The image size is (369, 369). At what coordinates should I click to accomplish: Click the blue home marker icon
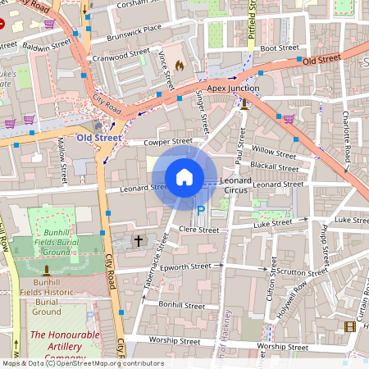(x=184, y=177)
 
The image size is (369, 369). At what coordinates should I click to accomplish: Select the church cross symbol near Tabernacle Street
(x=139, y=241)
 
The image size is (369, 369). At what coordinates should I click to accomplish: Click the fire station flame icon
(x=180, y=66)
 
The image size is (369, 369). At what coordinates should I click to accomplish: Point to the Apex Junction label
(x=233, y=88)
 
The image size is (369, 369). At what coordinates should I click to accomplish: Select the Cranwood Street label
(x=121, y=57)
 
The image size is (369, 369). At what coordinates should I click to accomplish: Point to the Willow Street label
(x=274, y=153)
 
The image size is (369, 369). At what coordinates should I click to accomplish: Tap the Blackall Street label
(x=274, y=166)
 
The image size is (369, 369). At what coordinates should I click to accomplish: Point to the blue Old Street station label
(x=98, y=138)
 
